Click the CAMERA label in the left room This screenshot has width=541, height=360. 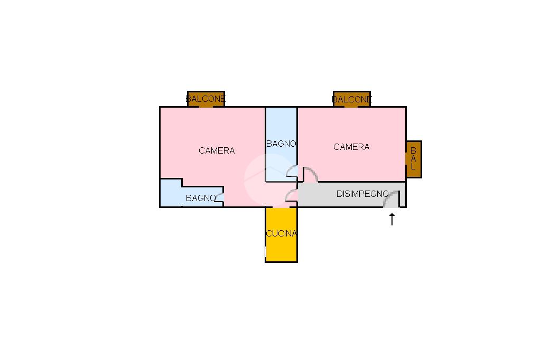[217, 150]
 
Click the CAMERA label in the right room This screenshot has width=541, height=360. [351, 147]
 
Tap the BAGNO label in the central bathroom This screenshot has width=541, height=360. [281, 144]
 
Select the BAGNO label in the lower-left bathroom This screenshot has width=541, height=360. [201, 198]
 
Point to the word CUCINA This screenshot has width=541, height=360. [281, 233]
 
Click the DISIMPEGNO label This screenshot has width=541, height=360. [362, 194]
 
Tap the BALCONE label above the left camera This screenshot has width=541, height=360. [206, 99]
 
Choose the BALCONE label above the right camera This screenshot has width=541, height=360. [352, 99]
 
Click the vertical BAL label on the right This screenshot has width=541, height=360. [413, 159]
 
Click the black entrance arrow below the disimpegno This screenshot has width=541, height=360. [392, 219]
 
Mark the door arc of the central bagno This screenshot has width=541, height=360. [291, 170]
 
